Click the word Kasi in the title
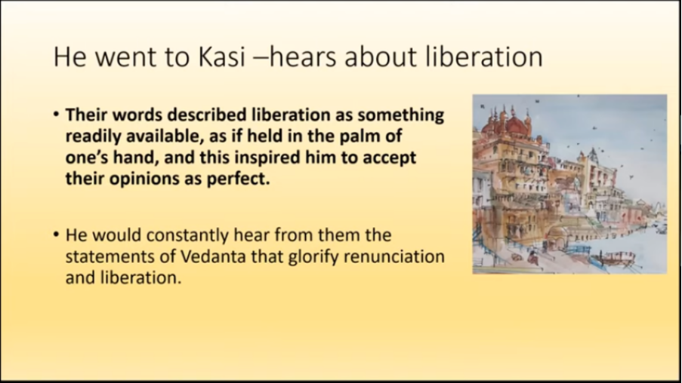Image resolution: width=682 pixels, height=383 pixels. [222, 57]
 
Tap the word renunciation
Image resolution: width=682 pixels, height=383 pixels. [394, 256]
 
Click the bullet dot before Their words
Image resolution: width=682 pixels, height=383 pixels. [56, 115]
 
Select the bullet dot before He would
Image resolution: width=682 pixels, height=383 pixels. [56, 235]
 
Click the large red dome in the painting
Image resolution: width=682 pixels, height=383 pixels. [516, 125]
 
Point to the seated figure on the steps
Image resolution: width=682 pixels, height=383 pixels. [532, 257]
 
